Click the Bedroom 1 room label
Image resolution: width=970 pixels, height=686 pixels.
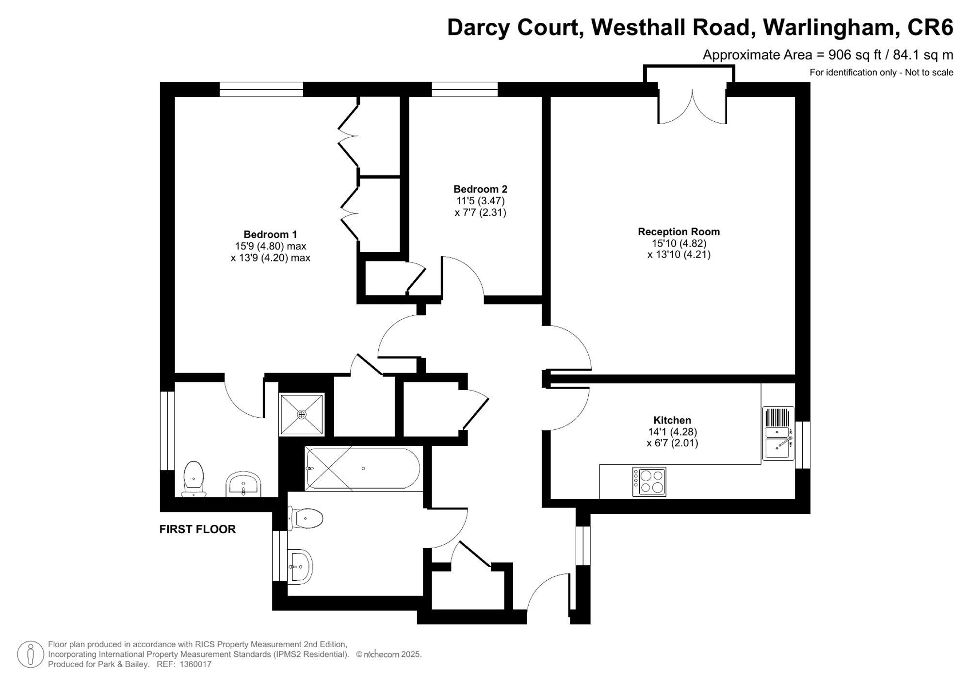coord(270,234)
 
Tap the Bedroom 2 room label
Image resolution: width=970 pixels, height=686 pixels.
coord(480,189)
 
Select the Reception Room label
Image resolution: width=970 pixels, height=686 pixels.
coord(679,232)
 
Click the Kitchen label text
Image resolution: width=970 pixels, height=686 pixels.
coord(672,420)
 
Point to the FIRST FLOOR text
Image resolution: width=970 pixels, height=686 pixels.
coord(197,529)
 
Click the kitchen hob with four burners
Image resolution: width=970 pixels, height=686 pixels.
coord(649,482)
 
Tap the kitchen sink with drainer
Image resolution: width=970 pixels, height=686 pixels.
coord(778,433)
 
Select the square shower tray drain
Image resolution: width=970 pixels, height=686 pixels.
coord(302,414)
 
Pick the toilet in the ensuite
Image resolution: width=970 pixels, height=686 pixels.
coord(194,479)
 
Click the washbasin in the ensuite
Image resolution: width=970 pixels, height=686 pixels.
coord(243,484)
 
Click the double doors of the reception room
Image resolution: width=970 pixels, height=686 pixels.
coord(692,107)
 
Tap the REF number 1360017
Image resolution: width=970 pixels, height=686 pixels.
coord(195,664)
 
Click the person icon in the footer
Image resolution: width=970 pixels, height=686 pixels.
coord(31,654)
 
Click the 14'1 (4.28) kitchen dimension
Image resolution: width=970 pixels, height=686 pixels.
coord(672,432)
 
